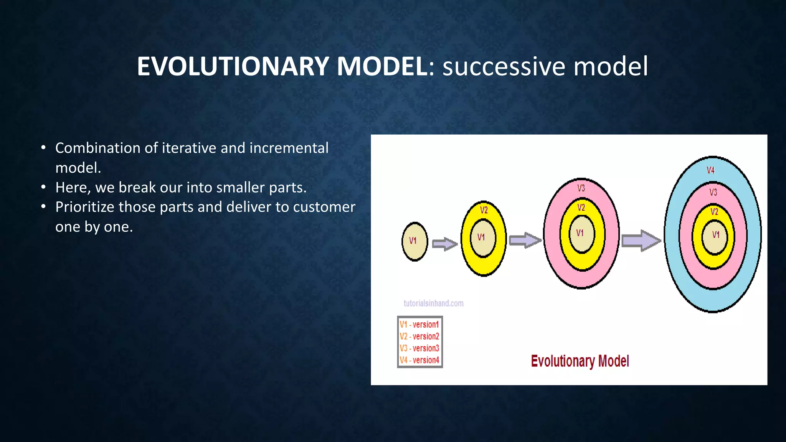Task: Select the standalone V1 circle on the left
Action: point(414,241)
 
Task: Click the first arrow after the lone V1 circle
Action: point(445,244)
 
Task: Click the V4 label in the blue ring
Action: point(711,170)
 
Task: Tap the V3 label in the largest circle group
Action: point(713,192)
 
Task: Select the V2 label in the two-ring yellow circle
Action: point(484,210)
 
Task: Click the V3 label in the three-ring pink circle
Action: point(581,188)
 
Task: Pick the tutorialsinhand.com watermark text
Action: point(433,303)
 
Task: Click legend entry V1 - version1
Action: point(419,325)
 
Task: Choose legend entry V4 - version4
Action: point(419,360)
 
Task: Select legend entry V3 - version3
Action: point(419,348)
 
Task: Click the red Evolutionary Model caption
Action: point(580,361)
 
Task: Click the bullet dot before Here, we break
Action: point(44,187)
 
